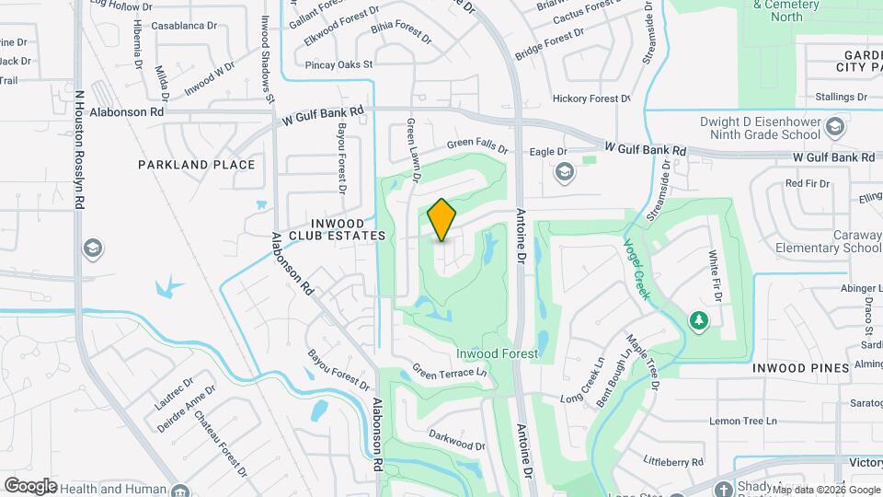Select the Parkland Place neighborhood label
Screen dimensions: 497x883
coord(196,165)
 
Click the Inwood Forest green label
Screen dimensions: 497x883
coord(497,353)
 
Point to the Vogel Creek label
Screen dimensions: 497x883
coord(637,269)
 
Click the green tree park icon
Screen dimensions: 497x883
coord(699,319)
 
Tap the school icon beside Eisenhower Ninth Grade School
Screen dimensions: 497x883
coord(835,125)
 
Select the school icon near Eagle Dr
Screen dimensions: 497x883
coord(563,172)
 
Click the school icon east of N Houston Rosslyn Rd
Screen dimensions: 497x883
coord(92,248)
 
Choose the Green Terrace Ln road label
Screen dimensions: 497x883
coord(449,373)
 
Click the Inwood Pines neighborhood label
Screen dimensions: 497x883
coord(800,368)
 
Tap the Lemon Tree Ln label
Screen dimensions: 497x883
coord(743,421)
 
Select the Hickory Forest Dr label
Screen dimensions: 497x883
coord(591,98)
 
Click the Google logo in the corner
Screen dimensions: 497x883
coord(30,485)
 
